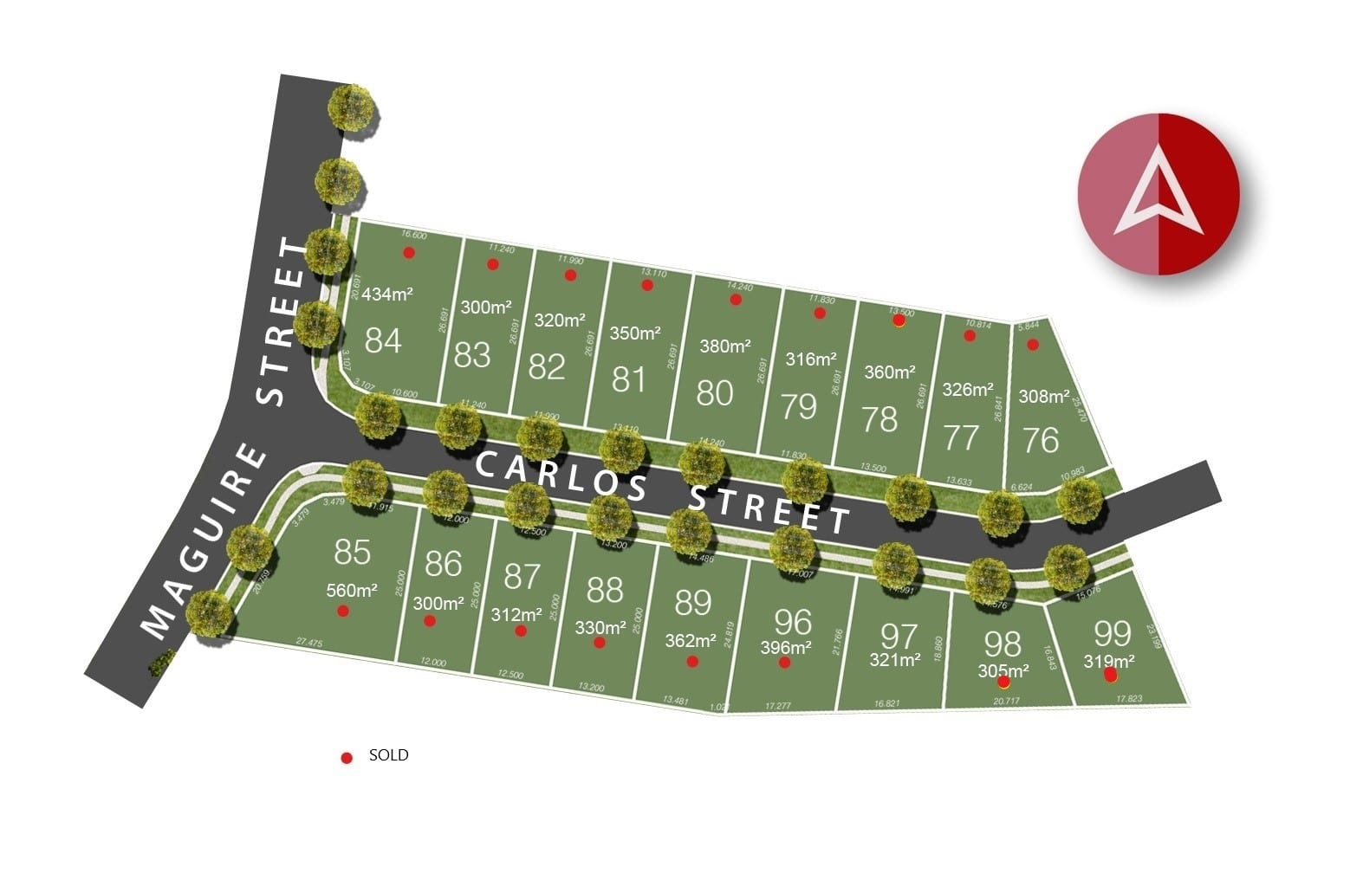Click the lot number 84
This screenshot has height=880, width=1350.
tap(383, 340)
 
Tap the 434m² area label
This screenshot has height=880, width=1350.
tap(387, 294)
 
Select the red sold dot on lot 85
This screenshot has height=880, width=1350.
tap(343, 611)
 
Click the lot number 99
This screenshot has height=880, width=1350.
tap(1113, 633)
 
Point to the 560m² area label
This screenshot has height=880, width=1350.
tap(352, 591)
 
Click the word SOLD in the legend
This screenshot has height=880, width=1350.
tap(388, 755)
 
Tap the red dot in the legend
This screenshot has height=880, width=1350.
tap(347, 758)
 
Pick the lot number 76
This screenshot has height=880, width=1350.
tap(1041, 440)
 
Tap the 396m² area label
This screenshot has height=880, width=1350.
tap(786, 647)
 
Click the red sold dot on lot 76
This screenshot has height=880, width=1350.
tap(1032, 345)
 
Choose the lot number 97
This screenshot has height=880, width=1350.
tap(899, 637)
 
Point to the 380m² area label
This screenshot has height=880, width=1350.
tap(725, 346)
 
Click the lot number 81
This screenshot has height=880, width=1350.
tap(629, 379)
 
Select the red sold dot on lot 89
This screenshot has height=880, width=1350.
tap(692, 662)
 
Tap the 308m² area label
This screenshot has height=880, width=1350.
tap(1044, 397)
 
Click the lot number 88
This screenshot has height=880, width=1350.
tap(605, 590)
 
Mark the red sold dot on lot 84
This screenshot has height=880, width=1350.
tap(409, 253)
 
